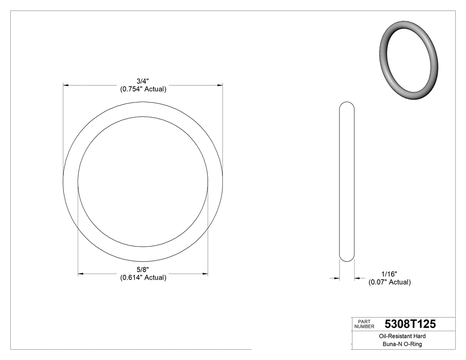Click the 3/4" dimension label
click(143, 81)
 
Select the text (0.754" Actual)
click(143, 89)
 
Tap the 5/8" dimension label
click(143, 269)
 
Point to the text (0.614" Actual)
click(143, 277)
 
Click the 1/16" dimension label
click(389, 274)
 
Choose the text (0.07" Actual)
click(389, 282)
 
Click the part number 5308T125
click(410, 324)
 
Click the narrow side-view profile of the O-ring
click(347, 182)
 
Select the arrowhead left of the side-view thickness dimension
click(337, 278)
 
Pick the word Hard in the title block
click(419, 336)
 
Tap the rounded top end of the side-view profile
click(347, 105)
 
